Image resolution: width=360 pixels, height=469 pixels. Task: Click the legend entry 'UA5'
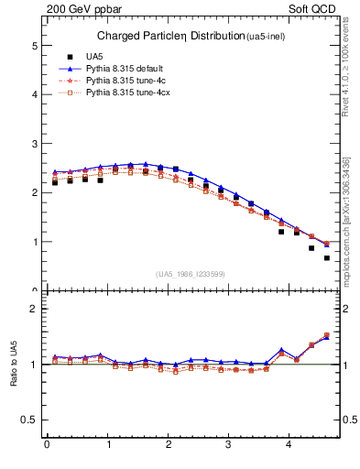click(93, 56)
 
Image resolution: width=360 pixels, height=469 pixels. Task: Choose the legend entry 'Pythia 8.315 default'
click(125, 69)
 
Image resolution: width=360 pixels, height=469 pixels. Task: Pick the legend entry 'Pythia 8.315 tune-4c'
click(125, 82)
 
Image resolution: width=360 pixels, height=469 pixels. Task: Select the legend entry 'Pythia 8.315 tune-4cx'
click(127, 94)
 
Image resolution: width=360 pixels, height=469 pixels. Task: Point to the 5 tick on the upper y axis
click(34, 45)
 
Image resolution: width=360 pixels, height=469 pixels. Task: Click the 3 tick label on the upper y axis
click(34, 144)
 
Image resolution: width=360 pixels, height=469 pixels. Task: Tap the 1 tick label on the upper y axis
click(34, 243)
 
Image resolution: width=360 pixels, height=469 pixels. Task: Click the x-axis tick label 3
click(229, 446)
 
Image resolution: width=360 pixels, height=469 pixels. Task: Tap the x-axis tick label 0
click(47, 446)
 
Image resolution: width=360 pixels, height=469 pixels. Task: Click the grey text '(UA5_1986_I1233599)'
click(190, 274)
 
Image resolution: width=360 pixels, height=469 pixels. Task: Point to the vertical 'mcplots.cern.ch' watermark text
click(345, 220)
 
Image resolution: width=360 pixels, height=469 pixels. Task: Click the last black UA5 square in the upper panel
click(327, 258)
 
